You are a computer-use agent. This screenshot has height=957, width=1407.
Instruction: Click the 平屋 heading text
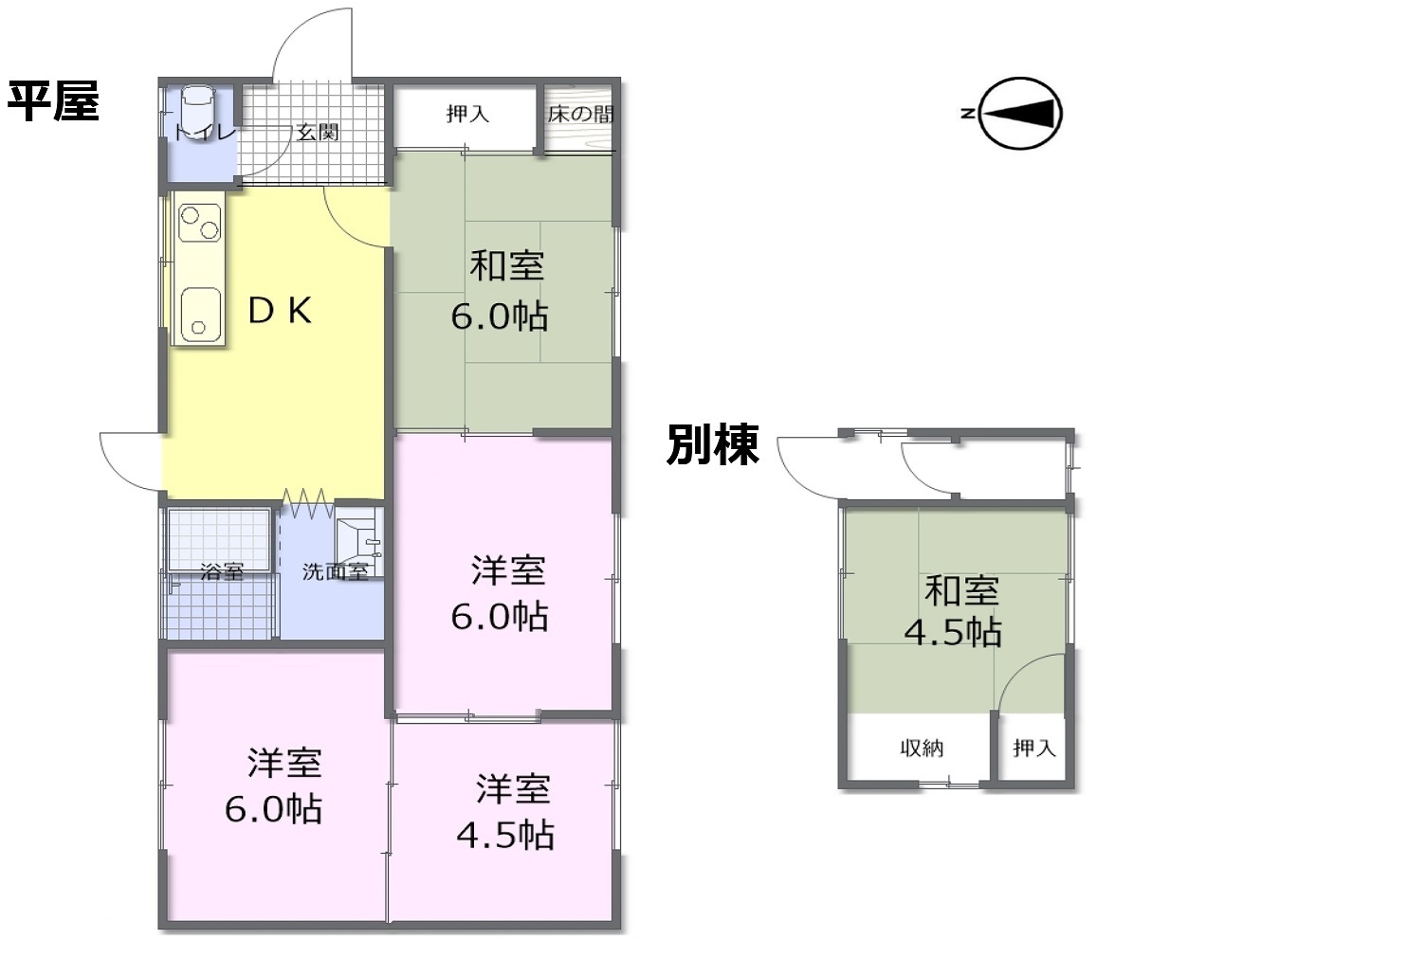53,100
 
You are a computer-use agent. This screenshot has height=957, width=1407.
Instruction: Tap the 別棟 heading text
712,444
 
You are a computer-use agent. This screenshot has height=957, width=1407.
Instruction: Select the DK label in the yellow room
280,310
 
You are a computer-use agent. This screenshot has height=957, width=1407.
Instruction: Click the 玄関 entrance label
318,133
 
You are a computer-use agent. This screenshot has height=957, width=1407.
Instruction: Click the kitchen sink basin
200,314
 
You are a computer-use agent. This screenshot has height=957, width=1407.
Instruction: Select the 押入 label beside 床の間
467,114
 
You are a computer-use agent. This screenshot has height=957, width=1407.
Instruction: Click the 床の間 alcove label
580,115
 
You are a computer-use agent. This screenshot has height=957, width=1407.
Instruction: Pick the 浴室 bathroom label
223,571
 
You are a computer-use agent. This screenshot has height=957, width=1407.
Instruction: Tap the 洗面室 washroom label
335,571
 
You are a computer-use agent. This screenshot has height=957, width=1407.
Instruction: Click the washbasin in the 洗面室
359,541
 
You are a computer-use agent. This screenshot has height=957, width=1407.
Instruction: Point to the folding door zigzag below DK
306,502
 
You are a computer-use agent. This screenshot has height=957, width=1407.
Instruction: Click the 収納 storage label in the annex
922,748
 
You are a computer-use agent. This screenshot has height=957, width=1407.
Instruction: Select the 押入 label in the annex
1033,748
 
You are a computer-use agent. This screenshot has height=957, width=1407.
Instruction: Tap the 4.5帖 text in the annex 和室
953,632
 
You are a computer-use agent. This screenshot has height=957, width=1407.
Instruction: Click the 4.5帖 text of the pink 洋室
505,836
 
